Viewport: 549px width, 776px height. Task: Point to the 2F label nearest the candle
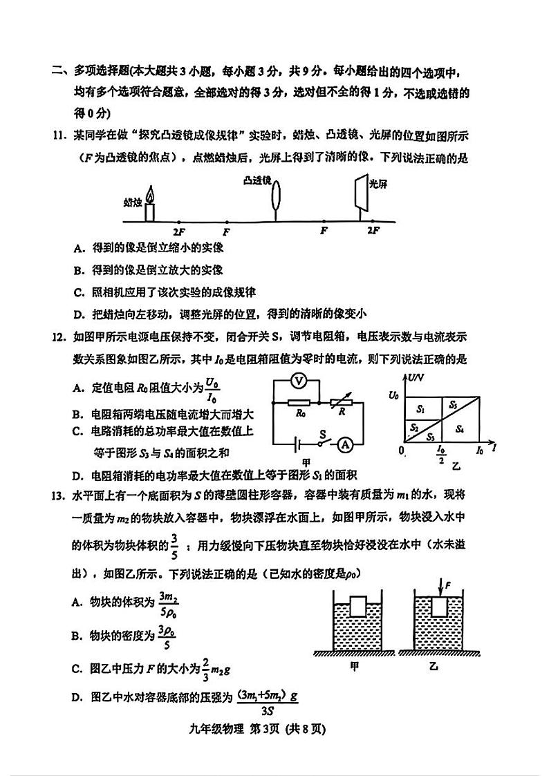tap(179, 231)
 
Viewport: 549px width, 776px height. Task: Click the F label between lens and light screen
tap(323, 231)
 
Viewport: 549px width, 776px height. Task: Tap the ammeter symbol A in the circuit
tap(344, 446)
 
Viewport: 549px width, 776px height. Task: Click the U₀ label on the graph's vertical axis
tap(393, 395)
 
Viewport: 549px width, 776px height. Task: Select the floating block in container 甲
tap(357, 607)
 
